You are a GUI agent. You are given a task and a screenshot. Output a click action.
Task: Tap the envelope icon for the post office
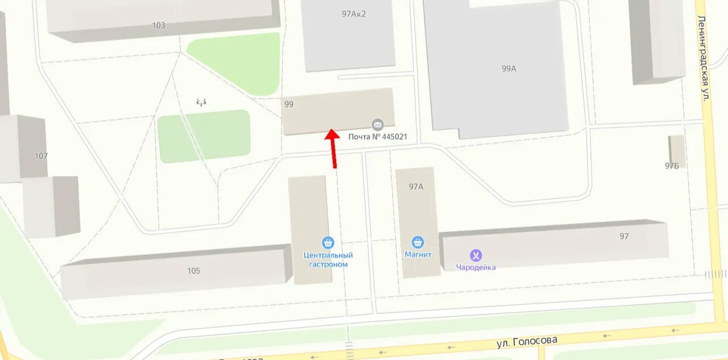(x=377, y=125)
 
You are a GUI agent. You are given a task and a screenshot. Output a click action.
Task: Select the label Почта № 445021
(x=378, y=136)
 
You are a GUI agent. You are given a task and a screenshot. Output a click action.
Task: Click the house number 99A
(x=508, y=68)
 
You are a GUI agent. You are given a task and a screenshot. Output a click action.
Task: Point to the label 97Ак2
(x=354, y=14)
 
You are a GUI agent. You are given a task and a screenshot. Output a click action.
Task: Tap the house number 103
(x=159, y=25)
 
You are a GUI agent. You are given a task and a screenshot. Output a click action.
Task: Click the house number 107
(x=41, y=156)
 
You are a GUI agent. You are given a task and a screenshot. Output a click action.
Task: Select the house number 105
(x=193, y=271)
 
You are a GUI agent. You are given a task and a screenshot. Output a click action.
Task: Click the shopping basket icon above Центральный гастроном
(x=328, y=243)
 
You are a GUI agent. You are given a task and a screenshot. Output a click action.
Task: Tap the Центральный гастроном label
(x=328, y=260)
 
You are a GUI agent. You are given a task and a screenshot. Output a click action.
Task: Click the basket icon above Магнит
(x=418, y=243)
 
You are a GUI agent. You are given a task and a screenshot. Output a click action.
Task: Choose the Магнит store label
(x=418, y=255)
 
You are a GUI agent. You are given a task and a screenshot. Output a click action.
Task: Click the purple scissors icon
(x=475, y=255)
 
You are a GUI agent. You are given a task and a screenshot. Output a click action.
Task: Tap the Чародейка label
(x=476, y=267)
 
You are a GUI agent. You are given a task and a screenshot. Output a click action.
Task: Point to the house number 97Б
(x=672, y=166)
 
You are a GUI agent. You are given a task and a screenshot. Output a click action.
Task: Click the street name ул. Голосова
(x=527, y=341)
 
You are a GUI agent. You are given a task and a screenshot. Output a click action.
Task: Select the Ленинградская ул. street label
(x=703, y=58)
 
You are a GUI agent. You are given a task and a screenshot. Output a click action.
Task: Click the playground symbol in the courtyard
(x=201, y=102)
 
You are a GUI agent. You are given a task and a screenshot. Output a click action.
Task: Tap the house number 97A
(x=416, y=187)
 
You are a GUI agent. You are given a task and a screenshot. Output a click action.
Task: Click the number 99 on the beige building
(x=289, y=104)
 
